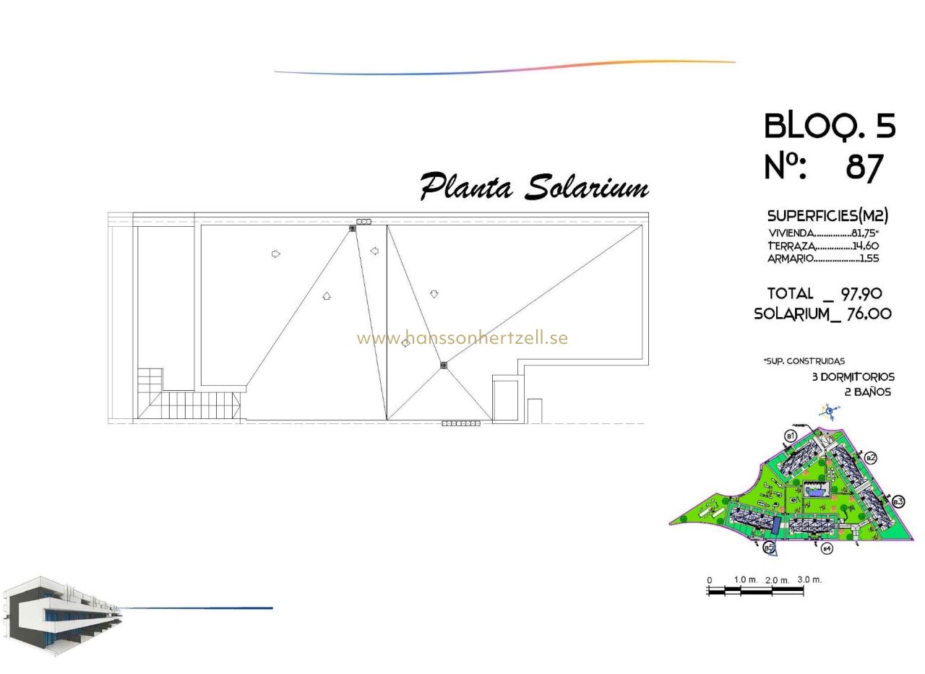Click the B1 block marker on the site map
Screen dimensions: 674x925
pyautogui.click(x=791, y=436)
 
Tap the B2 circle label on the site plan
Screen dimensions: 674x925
pyautogui.click(x=871, y=457)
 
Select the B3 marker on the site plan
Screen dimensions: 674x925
pyautogui.click(x=898, y=501)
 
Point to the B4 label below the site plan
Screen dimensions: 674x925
pyautogui.click(x=827, y=549)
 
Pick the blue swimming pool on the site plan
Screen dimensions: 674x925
pyautogui.click(x=815, y=491)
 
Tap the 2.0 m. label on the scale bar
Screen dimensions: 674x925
pyautogui.click(x=777, y=580)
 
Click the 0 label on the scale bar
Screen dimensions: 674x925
pyautogui.click(x=710, y=580)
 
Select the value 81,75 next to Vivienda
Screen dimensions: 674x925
pyautogui.click(x=864, y=233)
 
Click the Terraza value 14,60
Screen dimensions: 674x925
pyautogui.click(x=865, y=246)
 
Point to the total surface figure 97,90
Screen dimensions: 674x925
pyautogui.click(x=861, y=293)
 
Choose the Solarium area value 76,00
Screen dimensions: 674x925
pyautogui.click(x=869, y=314)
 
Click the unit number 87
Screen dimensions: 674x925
pyautogui.click(x=865, y=168)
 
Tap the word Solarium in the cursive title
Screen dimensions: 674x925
pyautogui.click(x=586, y=187)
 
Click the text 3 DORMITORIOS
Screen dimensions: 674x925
pyautogui.click(x=853, y=377)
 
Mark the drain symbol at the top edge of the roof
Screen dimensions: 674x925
pyautogui.click(x=353, y=228)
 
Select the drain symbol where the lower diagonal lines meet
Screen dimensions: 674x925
pyautogui.click(x=443, y=366)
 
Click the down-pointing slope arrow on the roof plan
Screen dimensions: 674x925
pyautogui.click(x=434, y=294)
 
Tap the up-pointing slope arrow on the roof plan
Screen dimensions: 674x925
pyautogui.click(x=327, y=295)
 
